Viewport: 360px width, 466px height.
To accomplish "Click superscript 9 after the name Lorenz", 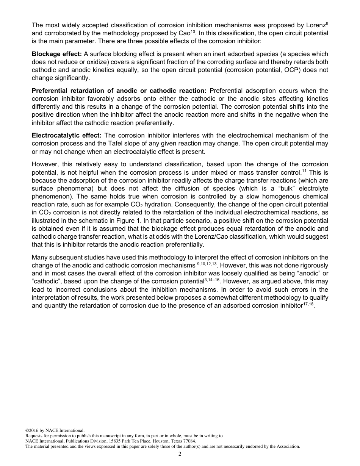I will click(327, 23).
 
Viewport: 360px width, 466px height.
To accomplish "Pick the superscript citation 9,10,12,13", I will click(204, 263).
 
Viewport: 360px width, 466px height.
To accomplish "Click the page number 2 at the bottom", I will click(180, 454).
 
